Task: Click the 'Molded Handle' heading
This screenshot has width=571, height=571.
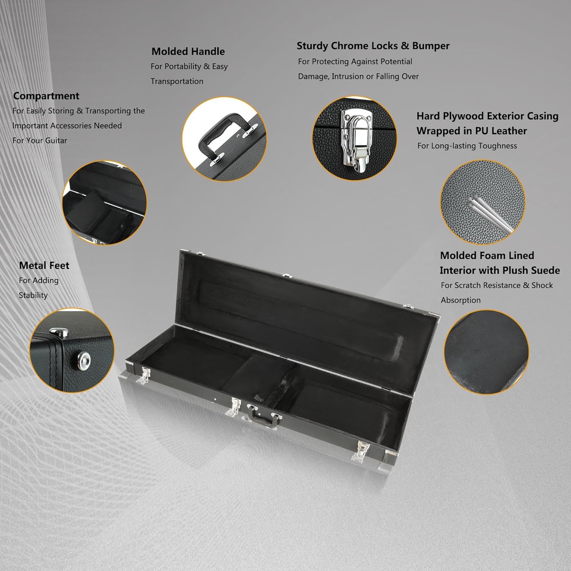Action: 188,51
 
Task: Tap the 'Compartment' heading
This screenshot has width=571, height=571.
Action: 46,96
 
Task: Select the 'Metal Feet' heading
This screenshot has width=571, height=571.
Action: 44,265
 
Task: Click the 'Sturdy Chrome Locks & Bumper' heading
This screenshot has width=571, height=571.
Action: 373,46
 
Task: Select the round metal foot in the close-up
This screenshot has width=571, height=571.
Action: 83,358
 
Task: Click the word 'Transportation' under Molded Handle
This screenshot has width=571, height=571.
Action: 177,81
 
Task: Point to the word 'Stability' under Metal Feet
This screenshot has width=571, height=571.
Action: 33,295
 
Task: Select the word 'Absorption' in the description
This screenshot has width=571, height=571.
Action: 461,300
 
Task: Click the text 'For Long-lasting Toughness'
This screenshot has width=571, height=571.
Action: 467,146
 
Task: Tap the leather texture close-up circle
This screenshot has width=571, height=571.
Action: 483,202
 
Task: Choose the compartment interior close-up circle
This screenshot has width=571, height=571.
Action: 104,203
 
